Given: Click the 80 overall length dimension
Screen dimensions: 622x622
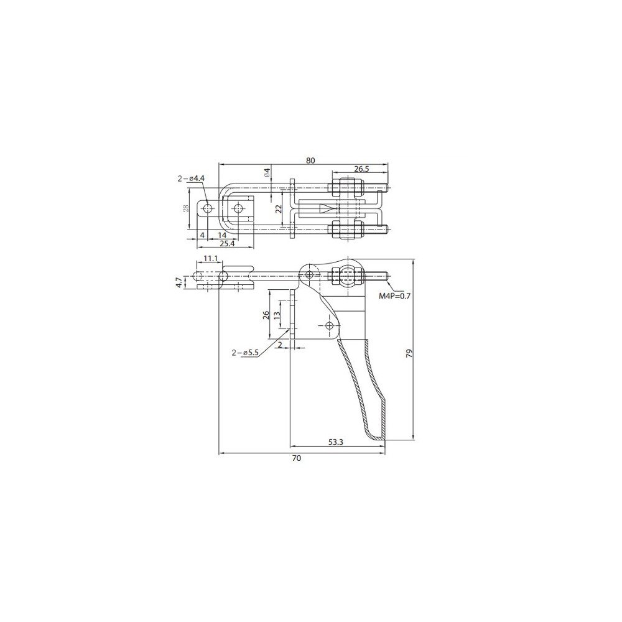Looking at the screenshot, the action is pos(310,160).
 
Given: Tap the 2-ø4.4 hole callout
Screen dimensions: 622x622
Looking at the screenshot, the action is pos(191,179).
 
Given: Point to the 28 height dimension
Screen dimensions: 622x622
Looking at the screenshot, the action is pos(186,208).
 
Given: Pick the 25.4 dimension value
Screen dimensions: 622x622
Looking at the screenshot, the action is pos(227,244).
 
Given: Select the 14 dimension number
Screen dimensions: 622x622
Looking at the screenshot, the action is pos(222,235).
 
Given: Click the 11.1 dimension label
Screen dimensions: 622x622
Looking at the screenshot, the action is pos(210,259).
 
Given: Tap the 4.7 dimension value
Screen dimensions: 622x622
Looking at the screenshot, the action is pos(179,282).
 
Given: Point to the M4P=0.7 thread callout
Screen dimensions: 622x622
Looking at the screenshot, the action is pos(394,295).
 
